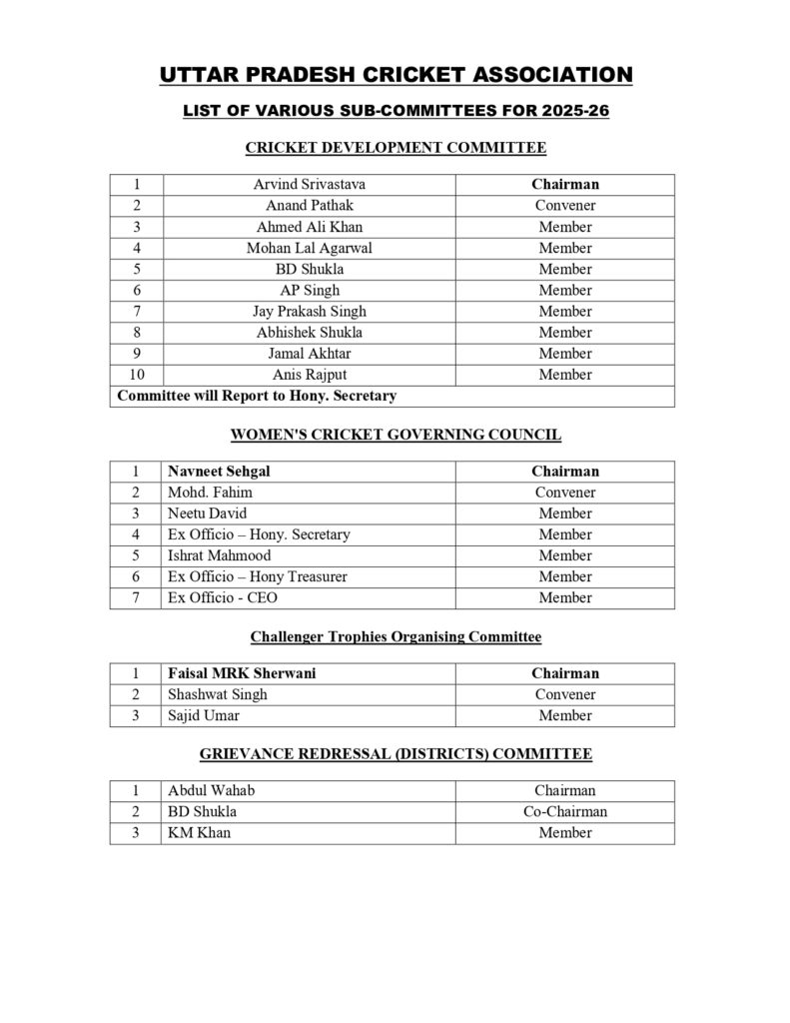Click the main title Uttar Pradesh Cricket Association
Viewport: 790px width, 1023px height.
tap(395, 75)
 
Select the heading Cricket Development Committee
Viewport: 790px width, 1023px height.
tap(395, 148)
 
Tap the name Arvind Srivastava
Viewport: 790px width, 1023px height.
tap(309, 185)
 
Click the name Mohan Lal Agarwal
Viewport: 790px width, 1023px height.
tap(309, 248)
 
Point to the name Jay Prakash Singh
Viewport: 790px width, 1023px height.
tap(309, 311)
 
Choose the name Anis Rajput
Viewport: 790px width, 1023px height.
tap(309, 375)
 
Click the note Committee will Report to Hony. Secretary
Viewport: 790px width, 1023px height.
tap(257, 396)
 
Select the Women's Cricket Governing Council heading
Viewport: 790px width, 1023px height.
tap(395, 435)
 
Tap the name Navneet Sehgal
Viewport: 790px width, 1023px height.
tap(219, 472)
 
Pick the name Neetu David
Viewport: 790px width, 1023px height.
tap(208, 513)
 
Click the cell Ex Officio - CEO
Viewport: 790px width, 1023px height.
tap(215, 597)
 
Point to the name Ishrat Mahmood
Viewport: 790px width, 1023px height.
tap(219, 555)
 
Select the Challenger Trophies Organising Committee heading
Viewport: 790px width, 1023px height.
tap(395, 636)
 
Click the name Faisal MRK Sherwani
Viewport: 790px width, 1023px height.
tap(242, 673)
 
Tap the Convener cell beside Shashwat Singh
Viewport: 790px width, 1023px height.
tap(564, 694)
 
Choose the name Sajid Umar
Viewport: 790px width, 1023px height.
tap(204, 715)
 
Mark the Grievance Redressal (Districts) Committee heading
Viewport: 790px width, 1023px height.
tap(395, 753)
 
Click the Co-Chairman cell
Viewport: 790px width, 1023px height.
tap(564, 811)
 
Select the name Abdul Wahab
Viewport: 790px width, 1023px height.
tap(211, 790)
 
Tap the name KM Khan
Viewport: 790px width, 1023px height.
tap(199, 832)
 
